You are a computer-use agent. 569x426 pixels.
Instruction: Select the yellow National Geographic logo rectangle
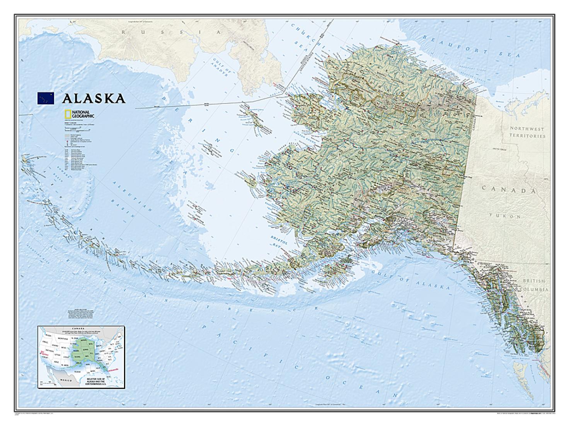[68, 114]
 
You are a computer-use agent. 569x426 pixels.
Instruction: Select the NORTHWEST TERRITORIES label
[526, 132]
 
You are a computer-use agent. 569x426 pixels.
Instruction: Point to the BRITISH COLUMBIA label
[533, 285]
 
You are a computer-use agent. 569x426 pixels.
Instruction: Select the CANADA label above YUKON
[509, 191]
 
